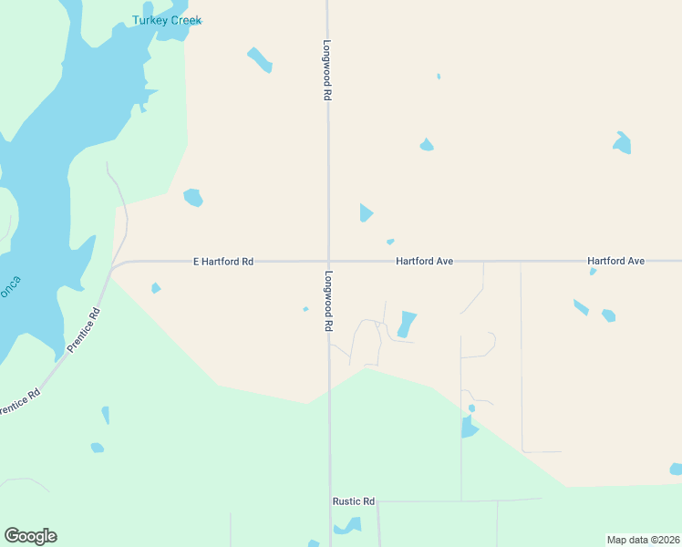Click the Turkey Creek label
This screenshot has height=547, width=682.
pyautogui.click(x=167, y=20)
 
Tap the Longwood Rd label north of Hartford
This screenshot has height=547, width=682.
pyautogui.click(x=326, y=63)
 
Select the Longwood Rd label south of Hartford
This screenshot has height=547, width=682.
pyautogui.click(x=326, y=300)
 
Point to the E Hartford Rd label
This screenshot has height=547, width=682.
pyautogui.click(x=223, y=262)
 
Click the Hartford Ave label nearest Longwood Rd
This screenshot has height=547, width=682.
pyautogui.click(x=425, y=262)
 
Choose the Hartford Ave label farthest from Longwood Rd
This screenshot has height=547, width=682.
pyautogui.click(x=616, y=262)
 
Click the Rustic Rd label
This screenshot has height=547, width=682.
pyautogui.click(x=354, y=501)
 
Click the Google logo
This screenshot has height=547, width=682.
pyautogui.click(x=30, y=536)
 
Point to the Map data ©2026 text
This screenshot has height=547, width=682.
pyautogui.click(x=643, y=540)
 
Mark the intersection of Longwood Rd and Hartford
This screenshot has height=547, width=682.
pyautogui.click(x=328, y=262)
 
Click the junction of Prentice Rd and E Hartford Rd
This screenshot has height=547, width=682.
pyautogui.click(x=112, y=267)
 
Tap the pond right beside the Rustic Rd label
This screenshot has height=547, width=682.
pyautogui.click(x=348, y=526)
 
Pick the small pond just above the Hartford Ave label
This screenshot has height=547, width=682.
pyautogui.click(x=390, y=242)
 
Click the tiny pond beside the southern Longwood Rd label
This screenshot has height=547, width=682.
pyautogui.click(x=305, y=309)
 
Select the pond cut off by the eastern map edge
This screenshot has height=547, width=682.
pyautogui.click(x=676, y=469)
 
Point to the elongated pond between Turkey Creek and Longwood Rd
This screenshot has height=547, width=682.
pyautogui.click(x=260, y=59)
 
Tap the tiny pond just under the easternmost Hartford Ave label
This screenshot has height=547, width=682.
pyautogui.click(x=593, y=271)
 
